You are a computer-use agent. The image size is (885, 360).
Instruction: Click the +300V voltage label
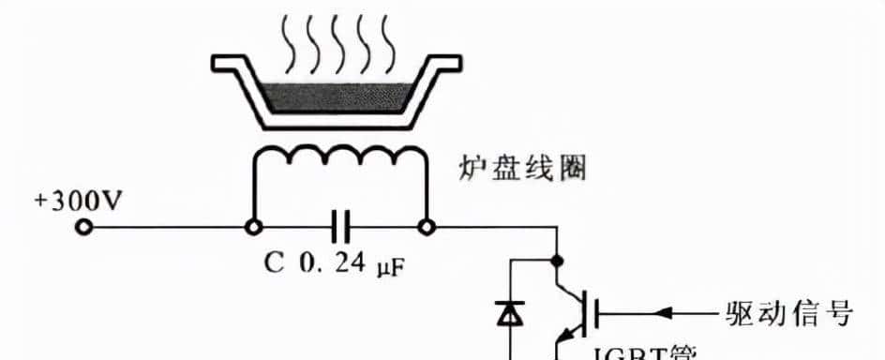78,202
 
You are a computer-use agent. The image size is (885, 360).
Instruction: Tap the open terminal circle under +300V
83,227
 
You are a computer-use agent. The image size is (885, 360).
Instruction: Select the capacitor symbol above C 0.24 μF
339,227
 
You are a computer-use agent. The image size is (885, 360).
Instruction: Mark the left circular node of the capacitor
252,227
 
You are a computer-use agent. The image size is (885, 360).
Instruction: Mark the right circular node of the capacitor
427,227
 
